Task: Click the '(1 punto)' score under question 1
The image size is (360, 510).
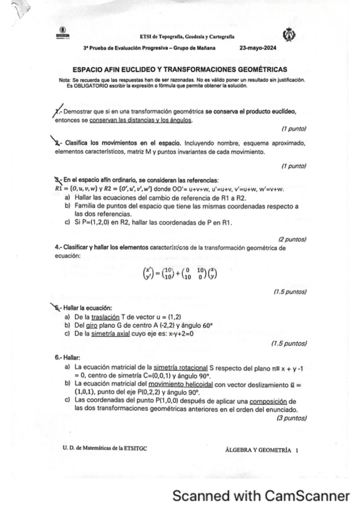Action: [x=294, y=129]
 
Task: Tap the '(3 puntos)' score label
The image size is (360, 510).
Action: [x=291, y=417]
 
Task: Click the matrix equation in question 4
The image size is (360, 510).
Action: [x=180, y=274]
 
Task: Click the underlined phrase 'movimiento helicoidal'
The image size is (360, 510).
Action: [x=185, y=383]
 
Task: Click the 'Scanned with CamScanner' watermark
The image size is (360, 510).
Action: [x=261, y=496]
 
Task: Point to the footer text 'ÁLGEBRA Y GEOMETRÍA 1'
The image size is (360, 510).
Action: [x=261, y=449]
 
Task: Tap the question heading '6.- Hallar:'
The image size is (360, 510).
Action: [x=66, y=356]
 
